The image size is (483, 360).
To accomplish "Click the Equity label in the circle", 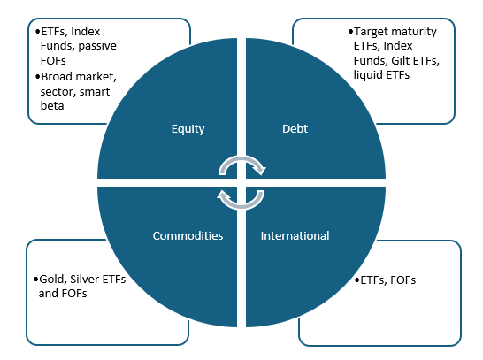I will click(x=188, y=129).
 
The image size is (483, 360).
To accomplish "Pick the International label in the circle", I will click(x=295, y=236).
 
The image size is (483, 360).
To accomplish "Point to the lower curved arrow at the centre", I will click(x=241, y=196).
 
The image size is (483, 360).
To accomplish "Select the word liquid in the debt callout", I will click(x=370, y=75).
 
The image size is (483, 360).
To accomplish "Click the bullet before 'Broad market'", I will click(x=36, y=75).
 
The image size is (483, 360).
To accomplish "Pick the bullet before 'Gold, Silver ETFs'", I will click(x=35, y=280).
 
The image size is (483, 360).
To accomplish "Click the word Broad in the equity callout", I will click(x=56, y=75).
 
